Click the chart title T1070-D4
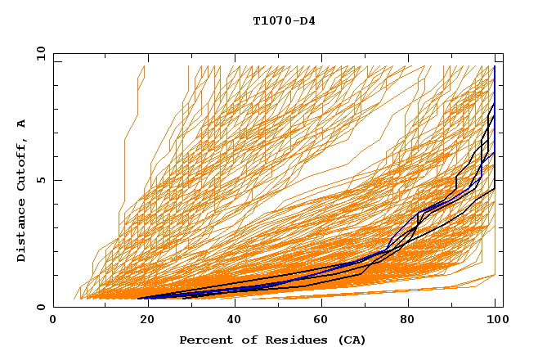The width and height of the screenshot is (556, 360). [x=284, y=20]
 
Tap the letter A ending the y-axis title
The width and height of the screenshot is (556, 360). [x=21, y=124]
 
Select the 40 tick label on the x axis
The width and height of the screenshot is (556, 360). [x=234, y=320]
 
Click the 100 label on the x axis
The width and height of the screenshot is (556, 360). [x=495, y=320]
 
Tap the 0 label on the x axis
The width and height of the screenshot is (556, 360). [x=53, y=320]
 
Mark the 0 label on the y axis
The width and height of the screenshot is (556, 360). [x=41, y=308]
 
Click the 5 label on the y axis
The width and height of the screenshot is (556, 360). [x=41, y=180]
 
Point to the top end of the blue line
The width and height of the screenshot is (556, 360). [x=495, y=66]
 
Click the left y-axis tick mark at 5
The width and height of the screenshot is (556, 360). [x=56, y=180]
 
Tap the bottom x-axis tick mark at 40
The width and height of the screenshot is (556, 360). [x=234, y=305]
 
